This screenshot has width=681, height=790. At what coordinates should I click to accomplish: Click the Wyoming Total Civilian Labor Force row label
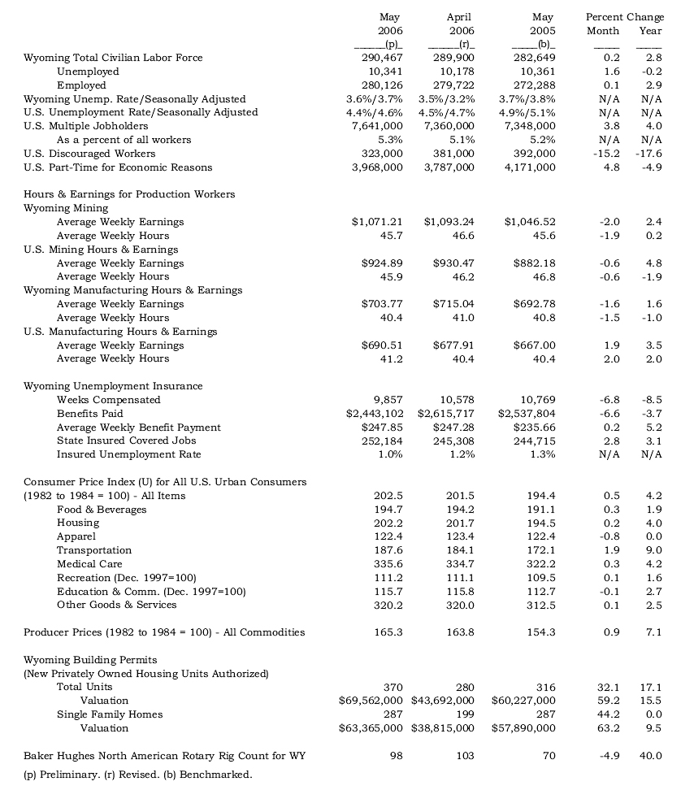(113, 58)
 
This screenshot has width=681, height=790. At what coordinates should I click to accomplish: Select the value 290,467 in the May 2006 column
(382, 58)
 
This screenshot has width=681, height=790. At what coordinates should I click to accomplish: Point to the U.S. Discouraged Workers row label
(89, 154)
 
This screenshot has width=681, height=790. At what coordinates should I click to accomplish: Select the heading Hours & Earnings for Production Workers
(129, 194)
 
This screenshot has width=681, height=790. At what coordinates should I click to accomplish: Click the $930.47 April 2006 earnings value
(449, 263)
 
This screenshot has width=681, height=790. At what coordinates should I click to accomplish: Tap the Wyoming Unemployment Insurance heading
(113, 386)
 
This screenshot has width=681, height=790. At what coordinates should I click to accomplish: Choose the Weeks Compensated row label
(108, 400)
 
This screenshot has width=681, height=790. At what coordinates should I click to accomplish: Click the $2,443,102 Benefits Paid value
(375, 414)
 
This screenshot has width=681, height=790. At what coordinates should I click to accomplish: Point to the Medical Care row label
(89, 564)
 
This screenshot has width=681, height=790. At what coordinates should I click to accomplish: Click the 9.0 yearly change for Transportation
(653, 550)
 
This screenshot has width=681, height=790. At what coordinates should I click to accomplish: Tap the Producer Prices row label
(164, 632)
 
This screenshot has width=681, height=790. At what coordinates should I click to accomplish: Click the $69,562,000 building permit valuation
(371, 701)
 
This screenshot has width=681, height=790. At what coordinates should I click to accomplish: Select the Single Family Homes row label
(110, 714)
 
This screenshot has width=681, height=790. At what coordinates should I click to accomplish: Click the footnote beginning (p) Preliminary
(138, 775)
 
